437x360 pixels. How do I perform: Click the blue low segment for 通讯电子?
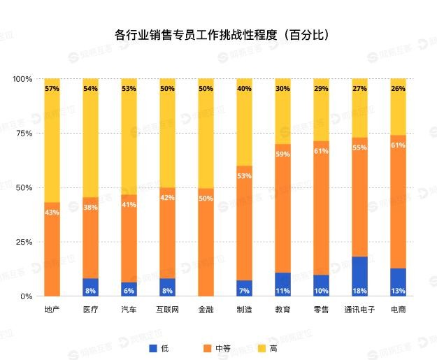359,276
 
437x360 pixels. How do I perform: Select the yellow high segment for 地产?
52,140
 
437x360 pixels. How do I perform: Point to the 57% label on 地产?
52,89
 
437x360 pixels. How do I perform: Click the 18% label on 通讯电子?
359,290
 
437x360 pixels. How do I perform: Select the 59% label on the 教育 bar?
282,154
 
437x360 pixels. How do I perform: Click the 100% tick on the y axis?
23,79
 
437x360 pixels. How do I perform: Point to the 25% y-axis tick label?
25,242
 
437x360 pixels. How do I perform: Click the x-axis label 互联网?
167,309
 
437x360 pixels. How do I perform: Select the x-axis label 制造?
244,309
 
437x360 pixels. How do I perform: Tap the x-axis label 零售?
321,309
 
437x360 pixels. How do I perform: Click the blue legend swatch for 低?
153,347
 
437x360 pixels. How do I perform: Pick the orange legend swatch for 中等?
206,347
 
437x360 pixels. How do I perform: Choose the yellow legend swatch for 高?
264,347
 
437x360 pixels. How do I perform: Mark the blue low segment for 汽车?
129,289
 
